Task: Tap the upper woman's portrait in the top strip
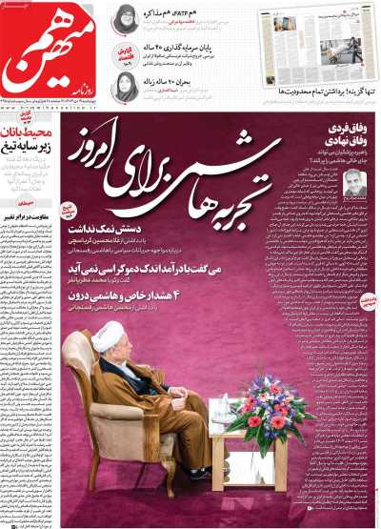click(125, 25)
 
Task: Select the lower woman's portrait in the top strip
click(125, 87)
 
